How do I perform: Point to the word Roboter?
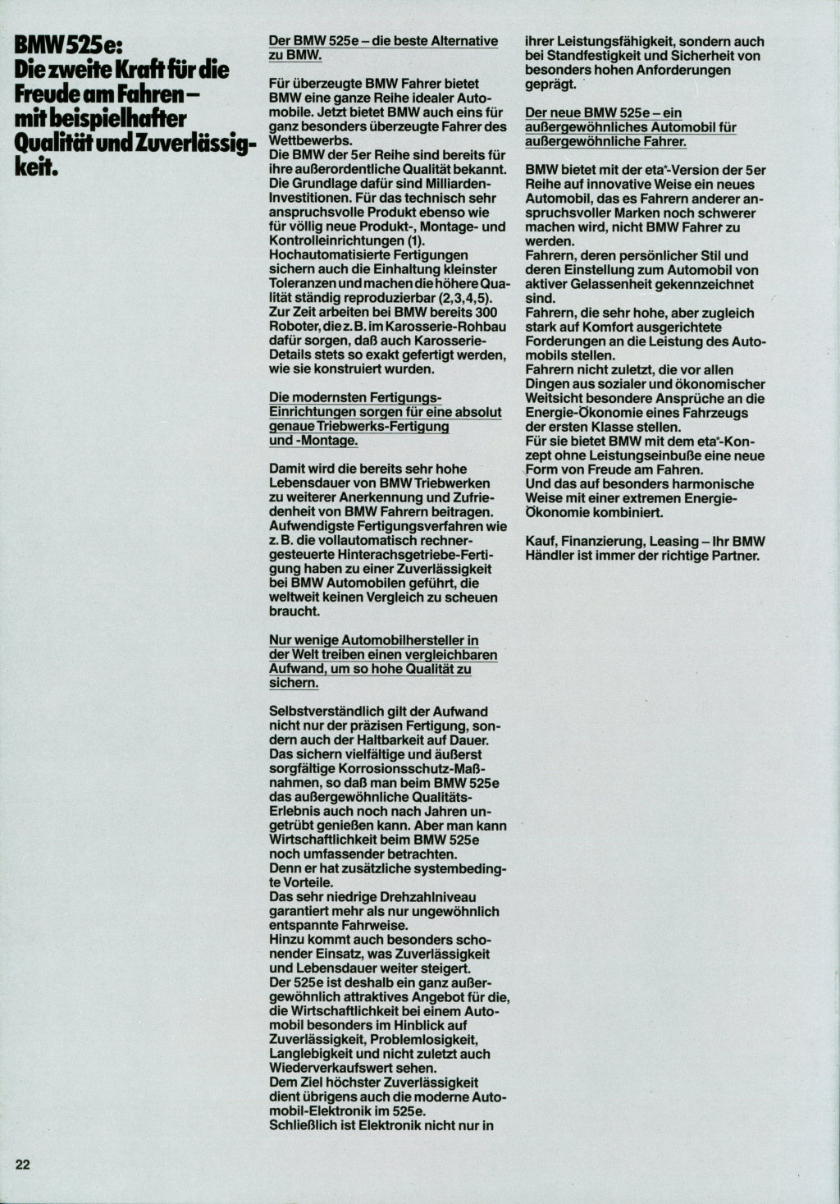click(293, 327)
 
